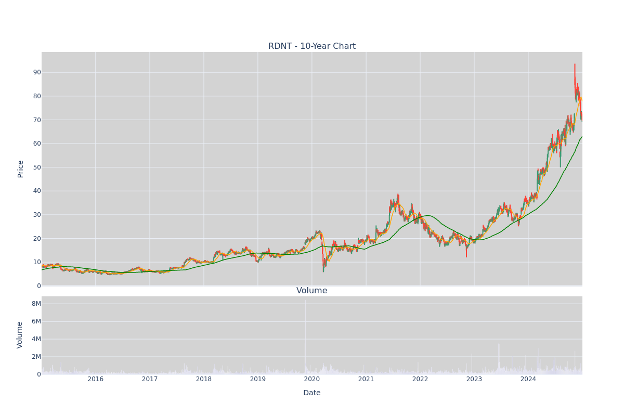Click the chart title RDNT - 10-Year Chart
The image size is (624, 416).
coord(311,46)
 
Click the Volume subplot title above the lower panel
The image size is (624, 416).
coord(311,291)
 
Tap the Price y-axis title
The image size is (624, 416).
coord(20,169)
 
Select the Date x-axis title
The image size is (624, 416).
coord(311,393)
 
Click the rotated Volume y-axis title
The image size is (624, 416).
coord(20,335)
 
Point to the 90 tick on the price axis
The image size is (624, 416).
coord(37,72)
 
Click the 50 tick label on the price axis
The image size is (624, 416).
coord(37,167)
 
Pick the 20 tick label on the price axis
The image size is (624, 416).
coord(37,239)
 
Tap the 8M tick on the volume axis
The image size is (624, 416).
coord(36,304)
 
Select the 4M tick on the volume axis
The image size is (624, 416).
coord(36,339)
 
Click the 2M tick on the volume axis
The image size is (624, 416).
coord(36,357)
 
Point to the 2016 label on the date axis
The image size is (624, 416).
coord(96,379)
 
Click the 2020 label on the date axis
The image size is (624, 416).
coord(311,379)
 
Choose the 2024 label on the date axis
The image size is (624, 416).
coord(528,379)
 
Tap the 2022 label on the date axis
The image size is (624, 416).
coord(420,379)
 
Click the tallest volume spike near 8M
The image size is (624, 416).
coord(305,334)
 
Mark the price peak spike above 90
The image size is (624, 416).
coord(575,70)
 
